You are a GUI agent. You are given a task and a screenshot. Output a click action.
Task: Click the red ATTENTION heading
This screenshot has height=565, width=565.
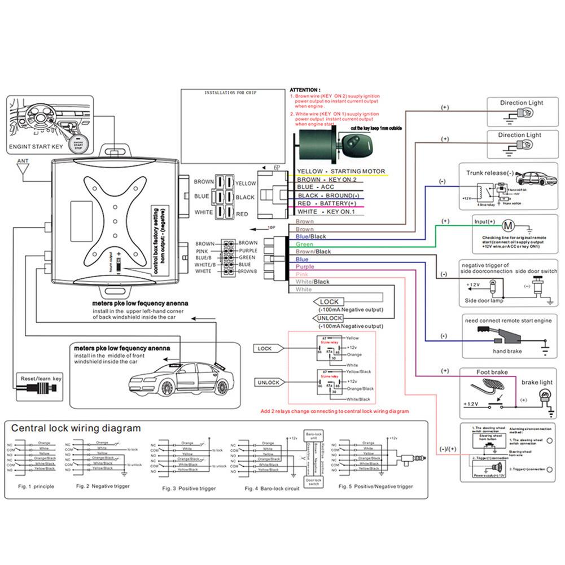[305, 90]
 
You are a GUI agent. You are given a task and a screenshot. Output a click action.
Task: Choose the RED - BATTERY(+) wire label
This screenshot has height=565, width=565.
[327, 203]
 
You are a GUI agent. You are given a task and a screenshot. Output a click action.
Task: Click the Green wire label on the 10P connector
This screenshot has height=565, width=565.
[304, 244]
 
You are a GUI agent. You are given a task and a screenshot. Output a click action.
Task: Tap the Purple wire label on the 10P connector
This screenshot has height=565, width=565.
[305, 266]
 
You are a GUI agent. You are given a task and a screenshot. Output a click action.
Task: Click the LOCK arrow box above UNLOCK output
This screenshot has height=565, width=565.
[329, 302]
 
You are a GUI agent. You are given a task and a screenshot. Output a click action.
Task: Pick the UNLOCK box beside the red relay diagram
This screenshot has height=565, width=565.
[268, 382]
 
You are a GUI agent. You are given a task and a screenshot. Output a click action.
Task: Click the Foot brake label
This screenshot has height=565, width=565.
[492, 373]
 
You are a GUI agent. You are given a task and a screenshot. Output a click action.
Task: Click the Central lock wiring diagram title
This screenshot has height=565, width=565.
[76, 428]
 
